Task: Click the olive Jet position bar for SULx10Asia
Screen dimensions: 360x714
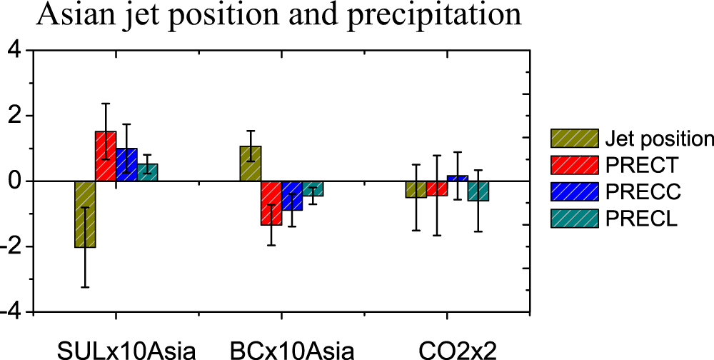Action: coord(85,214)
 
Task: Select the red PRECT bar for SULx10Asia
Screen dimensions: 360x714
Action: coord(106,156)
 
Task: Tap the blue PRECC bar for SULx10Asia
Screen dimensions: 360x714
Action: coord(126,165)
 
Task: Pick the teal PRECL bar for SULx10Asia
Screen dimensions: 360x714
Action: coord(147,172)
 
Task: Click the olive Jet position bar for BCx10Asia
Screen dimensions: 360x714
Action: coord(251,164)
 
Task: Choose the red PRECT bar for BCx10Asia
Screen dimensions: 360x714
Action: coord(271,203)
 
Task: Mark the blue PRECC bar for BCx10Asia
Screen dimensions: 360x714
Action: coord(292,196)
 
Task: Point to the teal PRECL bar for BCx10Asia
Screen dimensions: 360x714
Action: coord(313,188)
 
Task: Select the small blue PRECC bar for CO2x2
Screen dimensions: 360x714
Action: coord(458,178)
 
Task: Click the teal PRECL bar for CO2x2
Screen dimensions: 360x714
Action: coord(478,191)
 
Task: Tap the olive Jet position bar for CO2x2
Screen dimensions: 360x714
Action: coord(416,189)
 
